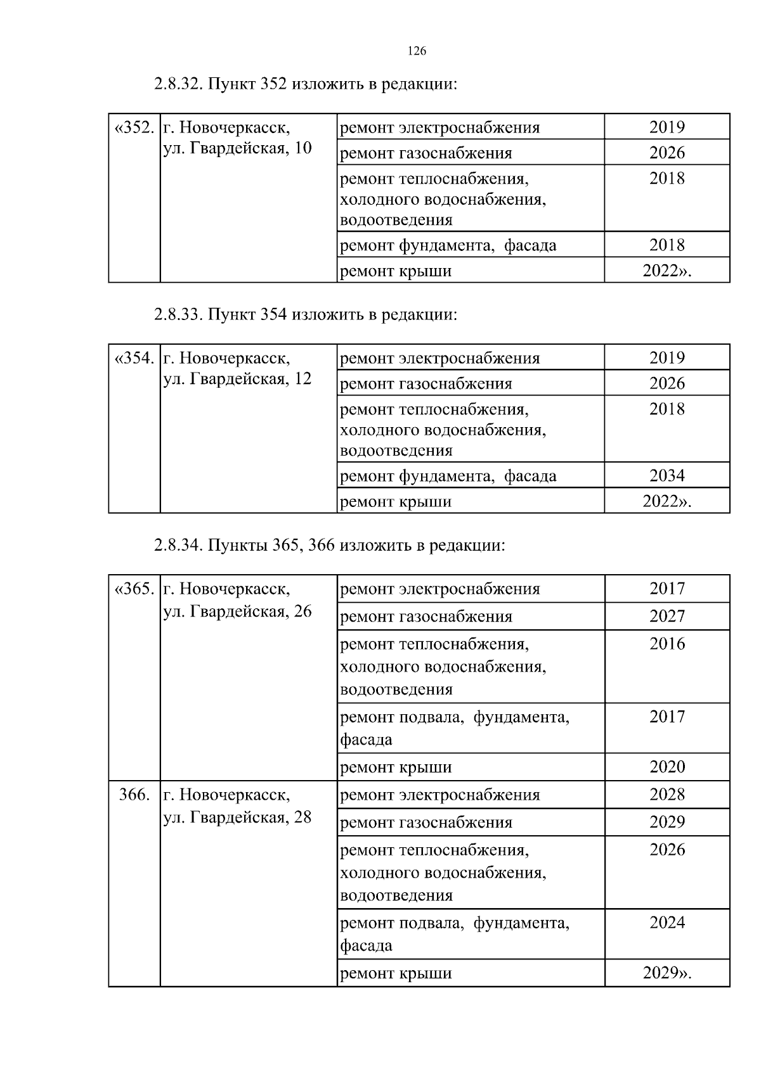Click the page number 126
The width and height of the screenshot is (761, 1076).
417,51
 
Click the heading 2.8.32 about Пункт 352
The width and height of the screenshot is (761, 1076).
305,84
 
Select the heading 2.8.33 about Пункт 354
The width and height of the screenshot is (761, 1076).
305,315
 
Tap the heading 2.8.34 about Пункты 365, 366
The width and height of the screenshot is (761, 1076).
329,546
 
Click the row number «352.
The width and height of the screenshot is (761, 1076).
134,128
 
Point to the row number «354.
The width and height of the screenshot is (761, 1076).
134,359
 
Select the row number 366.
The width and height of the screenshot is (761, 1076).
134,795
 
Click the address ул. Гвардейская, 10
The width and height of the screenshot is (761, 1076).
238,148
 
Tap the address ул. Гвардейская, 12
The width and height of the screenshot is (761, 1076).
238,379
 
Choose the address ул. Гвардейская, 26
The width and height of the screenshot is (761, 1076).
238,612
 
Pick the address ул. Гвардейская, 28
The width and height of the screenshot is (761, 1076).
238,817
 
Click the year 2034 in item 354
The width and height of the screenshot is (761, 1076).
667,476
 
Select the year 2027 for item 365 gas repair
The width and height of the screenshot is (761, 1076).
667,616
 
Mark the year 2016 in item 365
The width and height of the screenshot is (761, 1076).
667,644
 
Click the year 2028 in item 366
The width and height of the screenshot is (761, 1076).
667,795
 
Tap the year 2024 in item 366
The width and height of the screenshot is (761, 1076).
667,923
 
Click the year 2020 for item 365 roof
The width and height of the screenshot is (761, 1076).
667,767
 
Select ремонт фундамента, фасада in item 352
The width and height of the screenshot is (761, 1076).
448,245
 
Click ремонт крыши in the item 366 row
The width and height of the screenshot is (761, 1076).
396,973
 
